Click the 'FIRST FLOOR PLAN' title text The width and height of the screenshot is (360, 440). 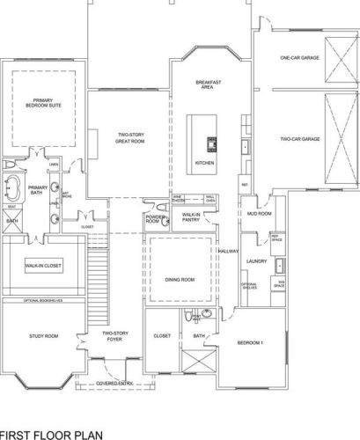click(51, 434)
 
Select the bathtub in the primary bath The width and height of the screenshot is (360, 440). click(13, 192)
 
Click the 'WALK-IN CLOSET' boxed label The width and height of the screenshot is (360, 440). click(42, 265)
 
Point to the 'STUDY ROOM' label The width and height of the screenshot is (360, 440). click(41, 336)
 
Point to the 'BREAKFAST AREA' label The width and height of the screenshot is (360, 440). click(208, 84)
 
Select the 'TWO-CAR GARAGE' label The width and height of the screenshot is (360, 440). click(299, 138)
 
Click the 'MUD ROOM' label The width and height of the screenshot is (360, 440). click(258, 214)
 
